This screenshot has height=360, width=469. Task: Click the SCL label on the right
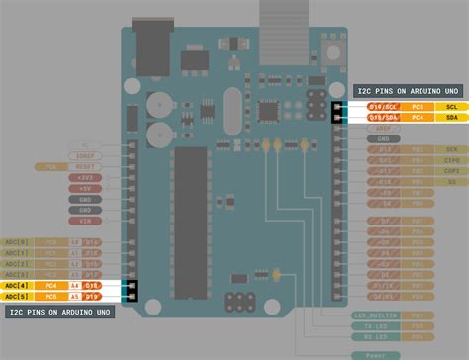(x=451, y=106)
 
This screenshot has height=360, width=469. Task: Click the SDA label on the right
(x=451, y=117)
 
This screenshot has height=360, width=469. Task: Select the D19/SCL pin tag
(x=384, y=106)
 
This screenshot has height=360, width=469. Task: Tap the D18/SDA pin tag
(x=384, y=117)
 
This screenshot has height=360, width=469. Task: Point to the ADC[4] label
(x=17, y=285)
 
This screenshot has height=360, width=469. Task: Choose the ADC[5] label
(x=17, y=296)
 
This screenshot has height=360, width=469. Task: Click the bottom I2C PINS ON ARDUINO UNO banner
(x=59, y=312)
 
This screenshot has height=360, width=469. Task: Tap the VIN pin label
(x=85, y=220)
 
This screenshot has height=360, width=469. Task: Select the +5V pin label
(x=85, y=188)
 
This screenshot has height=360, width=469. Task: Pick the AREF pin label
(x=384, y=128)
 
